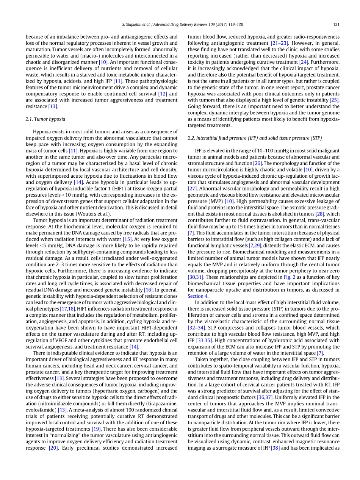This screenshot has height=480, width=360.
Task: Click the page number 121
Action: click(x=336, y=25)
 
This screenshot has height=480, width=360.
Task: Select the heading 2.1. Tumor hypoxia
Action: click(x=45, y=119)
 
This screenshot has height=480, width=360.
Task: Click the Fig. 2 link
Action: click(x=289, y=277)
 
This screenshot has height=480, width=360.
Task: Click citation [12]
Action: click(x=163, y=94)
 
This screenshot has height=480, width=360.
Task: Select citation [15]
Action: click(x=127, y=239)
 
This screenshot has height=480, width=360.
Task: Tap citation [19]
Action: click(x=96, y=429)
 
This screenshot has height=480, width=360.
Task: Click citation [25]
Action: click(x=334, y=100)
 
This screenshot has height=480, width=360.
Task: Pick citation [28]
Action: click(x=320, y=214)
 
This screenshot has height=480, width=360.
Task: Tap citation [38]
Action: click(x=275, y=448)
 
